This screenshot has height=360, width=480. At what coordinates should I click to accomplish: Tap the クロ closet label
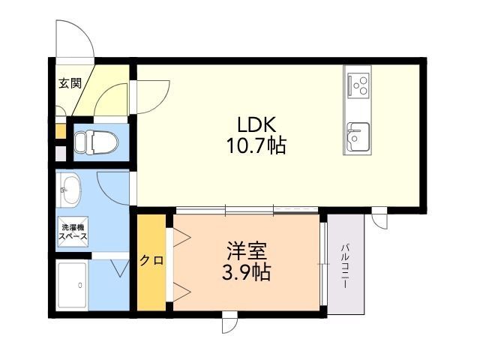pyautogui.click(x=150, y=261)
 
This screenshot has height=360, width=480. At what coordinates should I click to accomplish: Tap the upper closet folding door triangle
pyautogui.click(x=181, y=237)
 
